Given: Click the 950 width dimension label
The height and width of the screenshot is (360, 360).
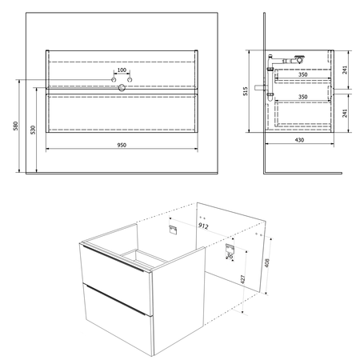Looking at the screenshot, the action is pos(122,145).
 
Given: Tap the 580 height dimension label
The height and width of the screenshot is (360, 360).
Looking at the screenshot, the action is pos(16,126).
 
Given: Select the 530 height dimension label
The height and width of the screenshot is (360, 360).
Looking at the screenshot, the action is pos(33,130).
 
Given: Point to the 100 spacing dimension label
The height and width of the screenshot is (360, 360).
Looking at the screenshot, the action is pos(122,70).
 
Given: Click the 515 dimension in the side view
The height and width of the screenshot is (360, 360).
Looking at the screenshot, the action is pos(246,91).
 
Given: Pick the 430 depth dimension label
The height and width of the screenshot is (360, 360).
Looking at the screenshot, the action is pos(299,140).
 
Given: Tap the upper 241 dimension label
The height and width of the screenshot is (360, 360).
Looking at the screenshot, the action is pos(345,70).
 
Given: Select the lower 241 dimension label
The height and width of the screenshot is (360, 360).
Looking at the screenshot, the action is pos(345,113).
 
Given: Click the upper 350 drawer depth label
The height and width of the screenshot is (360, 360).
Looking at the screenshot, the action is pos(302,74).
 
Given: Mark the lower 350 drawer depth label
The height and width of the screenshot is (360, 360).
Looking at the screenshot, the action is pos(302,97).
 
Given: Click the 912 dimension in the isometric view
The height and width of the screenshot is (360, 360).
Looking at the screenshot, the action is pos(203,226).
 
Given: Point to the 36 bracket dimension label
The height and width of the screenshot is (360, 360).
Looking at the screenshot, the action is pos(230,256).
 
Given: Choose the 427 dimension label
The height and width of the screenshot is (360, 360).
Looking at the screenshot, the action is pos(242,279).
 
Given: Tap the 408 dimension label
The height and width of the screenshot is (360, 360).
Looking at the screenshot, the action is pos(267,262).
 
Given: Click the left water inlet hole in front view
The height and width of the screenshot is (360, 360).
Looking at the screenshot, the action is pos(114,80).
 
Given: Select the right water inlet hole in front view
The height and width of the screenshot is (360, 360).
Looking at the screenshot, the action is pos(130,80).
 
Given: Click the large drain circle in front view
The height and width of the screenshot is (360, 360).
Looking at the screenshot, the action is pos(122,87).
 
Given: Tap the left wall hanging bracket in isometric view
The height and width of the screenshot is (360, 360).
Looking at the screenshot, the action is pos(173,230).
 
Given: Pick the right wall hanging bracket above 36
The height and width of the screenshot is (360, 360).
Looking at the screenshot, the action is pos(230,248).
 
